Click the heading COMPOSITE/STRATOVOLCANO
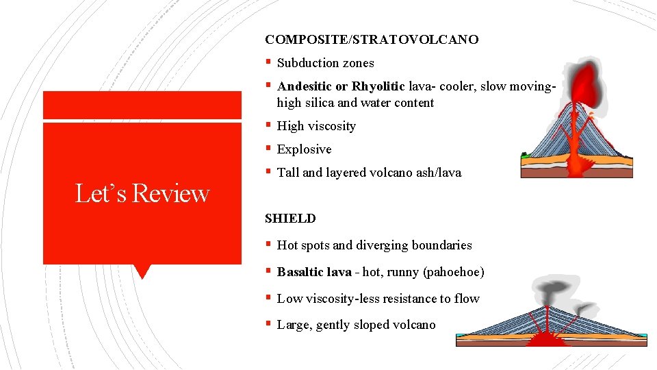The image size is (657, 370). point(372,40)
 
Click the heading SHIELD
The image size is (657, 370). point(290,219)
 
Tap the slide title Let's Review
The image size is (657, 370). point(142,194)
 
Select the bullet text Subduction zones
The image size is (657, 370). point(325,63)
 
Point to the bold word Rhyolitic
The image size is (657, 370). point(378,86)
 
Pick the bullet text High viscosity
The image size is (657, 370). point(316,126)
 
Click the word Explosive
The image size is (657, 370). point(304,149)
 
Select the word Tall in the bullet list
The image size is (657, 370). point(288,173)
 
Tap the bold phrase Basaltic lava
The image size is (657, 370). point(313,272)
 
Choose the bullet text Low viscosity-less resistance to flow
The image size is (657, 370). point(378,299)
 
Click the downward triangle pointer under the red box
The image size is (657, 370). point(142,271)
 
